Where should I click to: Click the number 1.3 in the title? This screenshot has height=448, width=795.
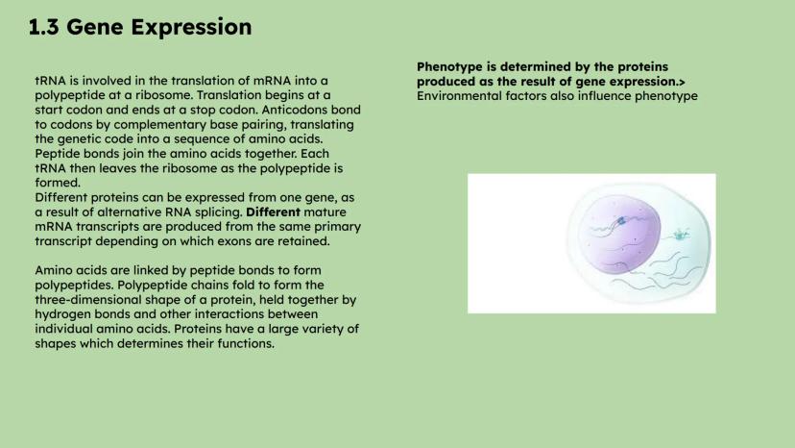coord(43,27)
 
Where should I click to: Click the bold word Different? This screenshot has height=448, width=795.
coord(273,212)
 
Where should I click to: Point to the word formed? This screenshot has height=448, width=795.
coord(56,183)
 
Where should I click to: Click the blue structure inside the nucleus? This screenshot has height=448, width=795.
coord(621,220)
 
